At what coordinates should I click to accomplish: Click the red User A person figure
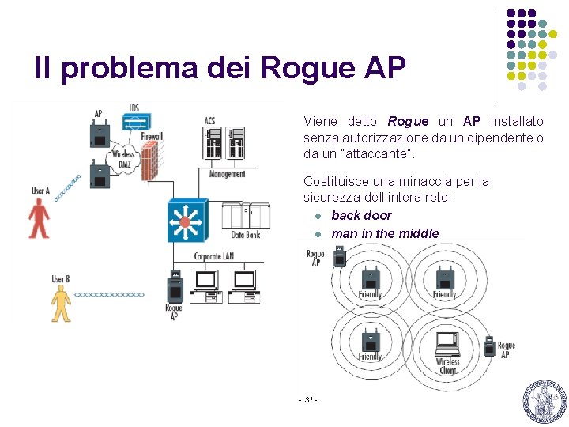click(38, 217)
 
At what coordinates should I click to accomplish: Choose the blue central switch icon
click(186, 221)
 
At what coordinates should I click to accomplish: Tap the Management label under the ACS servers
click(228, 174)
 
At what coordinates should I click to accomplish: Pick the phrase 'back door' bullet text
click(361, 215)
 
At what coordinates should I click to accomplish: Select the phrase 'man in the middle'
click(385, 233)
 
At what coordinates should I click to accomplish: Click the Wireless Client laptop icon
click(448, 342)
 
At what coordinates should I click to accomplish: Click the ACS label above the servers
click(209, 120)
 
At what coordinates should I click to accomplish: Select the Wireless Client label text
click(447, 367)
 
